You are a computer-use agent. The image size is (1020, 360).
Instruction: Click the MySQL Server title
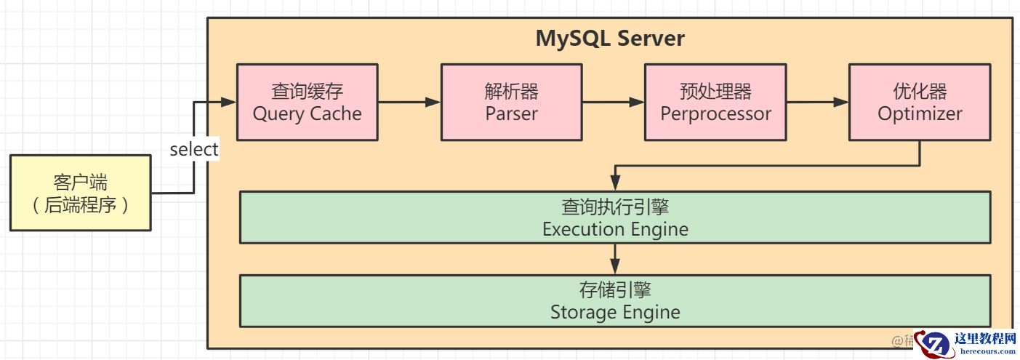(610, 38)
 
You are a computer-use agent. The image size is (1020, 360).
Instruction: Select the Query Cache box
(307, 102)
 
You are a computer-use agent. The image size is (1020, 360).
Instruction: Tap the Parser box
(511, 102)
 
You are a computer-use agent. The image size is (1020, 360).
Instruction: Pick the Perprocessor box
(715, 102)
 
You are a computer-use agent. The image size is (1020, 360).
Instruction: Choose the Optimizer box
(920, 102)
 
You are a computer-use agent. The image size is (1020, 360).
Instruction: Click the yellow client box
(81, 193)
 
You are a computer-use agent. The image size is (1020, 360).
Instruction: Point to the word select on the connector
(194, 149)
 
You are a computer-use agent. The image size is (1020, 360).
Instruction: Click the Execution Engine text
(615, 230)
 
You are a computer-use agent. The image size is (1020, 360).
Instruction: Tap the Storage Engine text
(615, 313)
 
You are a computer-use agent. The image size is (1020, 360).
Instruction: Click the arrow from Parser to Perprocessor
(614, 103)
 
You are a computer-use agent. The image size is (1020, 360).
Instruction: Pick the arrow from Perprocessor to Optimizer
(818, 103)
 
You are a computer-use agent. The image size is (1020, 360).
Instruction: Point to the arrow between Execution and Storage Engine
(616, 258)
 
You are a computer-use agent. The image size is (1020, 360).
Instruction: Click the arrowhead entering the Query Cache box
(229, 103)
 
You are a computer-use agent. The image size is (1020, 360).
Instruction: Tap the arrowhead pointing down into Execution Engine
(616, 185)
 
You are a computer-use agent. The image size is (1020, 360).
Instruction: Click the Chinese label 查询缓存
(307, 92)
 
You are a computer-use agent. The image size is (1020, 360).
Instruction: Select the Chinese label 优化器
(920, 92)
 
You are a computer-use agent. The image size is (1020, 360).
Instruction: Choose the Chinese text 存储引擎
(615, 290)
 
